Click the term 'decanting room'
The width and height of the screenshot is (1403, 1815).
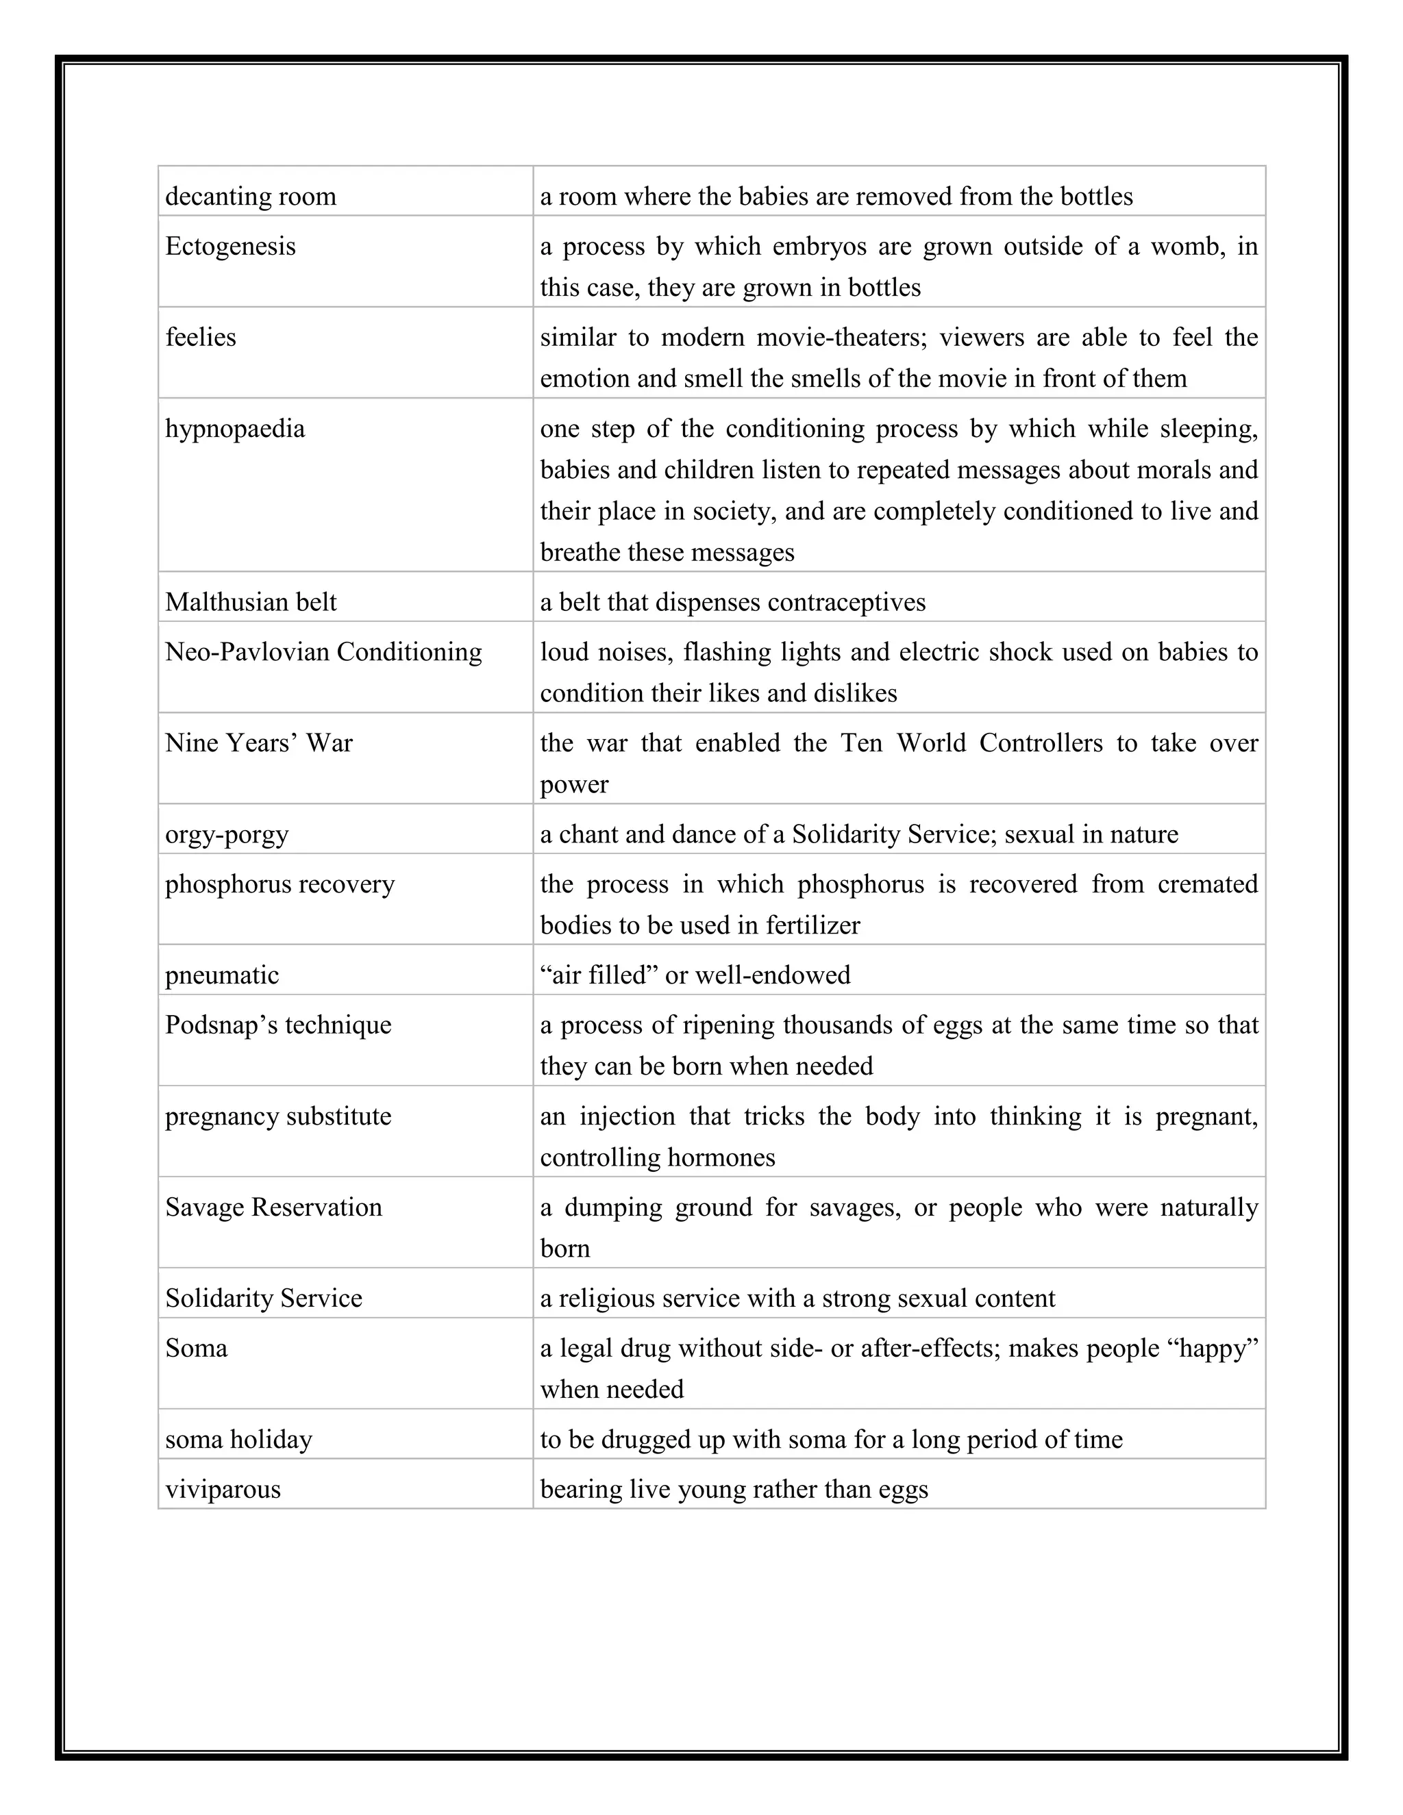(250, 197)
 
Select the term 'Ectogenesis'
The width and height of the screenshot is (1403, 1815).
(230, 247)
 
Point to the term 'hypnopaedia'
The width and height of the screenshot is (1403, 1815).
(234, 429)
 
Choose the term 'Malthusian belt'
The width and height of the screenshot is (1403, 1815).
(250, 603)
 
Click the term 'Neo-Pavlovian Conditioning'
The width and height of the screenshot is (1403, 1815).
(323, 652)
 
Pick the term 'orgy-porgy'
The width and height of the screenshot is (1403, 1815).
(227, 834)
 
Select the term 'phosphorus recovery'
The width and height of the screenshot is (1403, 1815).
(280, 884)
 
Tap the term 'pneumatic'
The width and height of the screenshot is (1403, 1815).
(222, 975)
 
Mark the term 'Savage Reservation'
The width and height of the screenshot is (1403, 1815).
(273, 1207)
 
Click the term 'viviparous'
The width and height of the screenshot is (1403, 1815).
(223, 1489)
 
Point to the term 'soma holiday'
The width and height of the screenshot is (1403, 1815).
(238, 1440)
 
